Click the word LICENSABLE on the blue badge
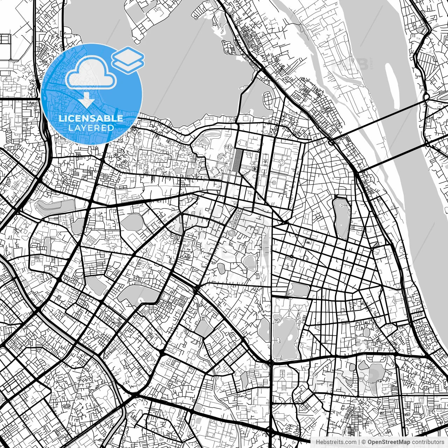(91, 118)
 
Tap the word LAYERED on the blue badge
(91, 128)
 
